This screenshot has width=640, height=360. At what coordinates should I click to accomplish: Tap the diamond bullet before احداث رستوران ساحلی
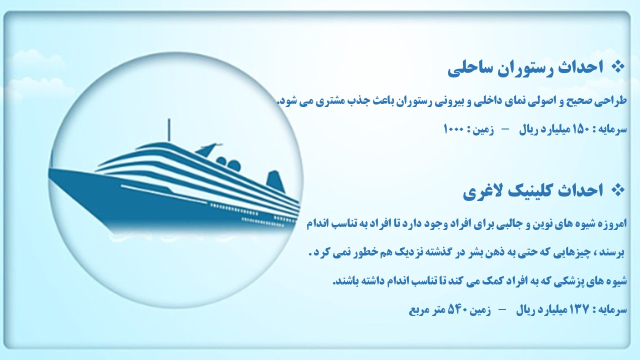(617, 67)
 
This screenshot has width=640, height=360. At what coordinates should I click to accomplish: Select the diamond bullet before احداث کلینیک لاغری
(617, 190)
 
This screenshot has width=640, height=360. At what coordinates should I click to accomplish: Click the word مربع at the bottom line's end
(419, 310)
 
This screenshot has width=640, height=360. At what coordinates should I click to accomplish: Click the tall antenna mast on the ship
(169, 129)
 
